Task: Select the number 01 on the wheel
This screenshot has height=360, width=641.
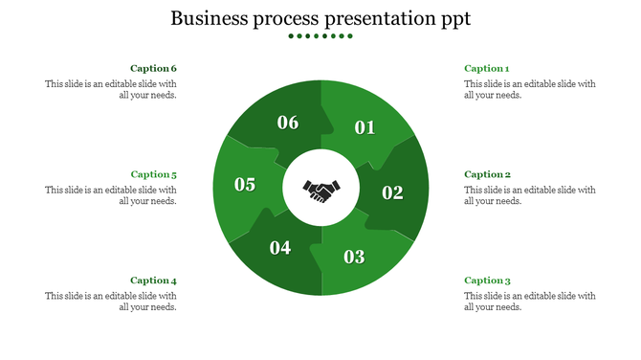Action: click(x=365, y=127)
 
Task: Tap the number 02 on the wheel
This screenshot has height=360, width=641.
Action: click(x=393, y=192)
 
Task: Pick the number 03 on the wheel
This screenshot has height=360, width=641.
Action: click(x=354, y=257)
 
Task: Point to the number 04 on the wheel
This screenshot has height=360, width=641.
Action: click(x=280, y=248)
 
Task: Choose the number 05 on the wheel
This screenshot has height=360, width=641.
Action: click(x=245, y=185)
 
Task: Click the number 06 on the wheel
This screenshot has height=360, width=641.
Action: click(x=288, y=123)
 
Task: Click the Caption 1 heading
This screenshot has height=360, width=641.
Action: click(x=487, y=69)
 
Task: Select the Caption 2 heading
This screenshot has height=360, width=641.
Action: click(x=487, y=175)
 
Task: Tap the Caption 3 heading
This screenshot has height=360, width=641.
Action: click(x=487, y=281)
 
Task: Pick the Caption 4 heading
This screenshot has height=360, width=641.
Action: click(x=154, y=281)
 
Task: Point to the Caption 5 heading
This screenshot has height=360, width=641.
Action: click(x=154, y=175)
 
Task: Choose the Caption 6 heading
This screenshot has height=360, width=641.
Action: click(x=154, y=69)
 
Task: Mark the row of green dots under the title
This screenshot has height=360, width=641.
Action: click(x=320, y=36)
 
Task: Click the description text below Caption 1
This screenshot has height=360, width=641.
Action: click(x=529, y=89)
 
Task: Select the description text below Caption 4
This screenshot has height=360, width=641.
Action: click(x=112, y=302)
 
